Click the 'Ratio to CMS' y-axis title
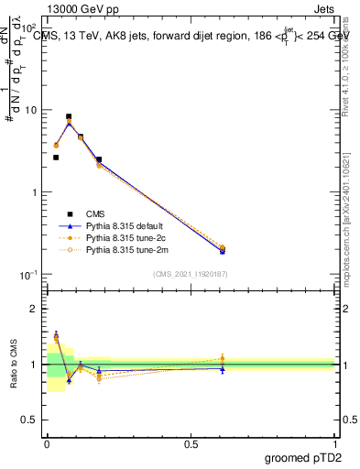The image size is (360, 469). click(x=12, y=364)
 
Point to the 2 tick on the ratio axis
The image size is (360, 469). click(x=36, y=309)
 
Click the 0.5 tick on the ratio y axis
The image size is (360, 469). click(x=31, y=420)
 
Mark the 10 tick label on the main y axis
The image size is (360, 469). click(x=31, y=110)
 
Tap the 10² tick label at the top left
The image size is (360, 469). click(x=29, y=28)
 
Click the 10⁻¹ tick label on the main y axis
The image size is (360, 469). click(x=29, y=275)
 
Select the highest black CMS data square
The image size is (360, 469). click(x=69, y=117)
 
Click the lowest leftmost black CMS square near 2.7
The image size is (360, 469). click(x=56, y=158)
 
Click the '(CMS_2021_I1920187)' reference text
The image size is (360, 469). click(x=191, y=274)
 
